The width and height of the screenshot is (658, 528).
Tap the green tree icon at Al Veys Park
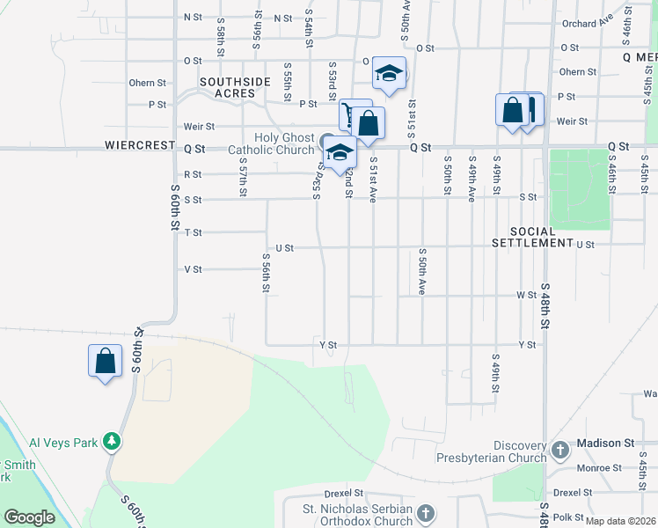pos(112,439)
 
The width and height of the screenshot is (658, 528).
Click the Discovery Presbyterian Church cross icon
pos(560,452)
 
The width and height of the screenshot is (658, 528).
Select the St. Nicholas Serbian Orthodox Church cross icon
pos(425,513)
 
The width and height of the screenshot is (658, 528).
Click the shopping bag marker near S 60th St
pos(105,361)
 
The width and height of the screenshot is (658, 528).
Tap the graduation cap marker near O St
pos(388,75)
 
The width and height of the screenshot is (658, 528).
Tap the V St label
pos(193,269)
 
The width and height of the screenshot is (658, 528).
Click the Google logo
pos(29,517)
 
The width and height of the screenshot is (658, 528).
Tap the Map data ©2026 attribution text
pos(620,521)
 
